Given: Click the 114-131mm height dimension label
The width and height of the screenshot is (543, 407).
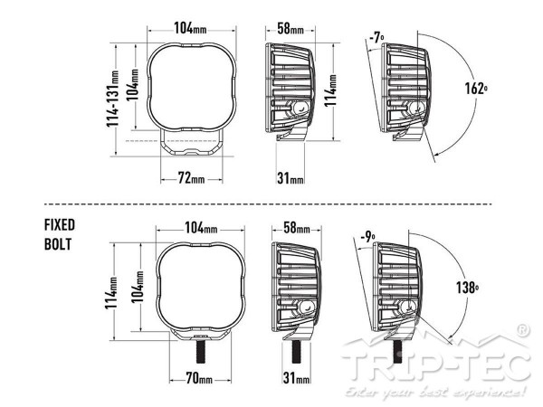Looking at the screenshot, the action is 113,99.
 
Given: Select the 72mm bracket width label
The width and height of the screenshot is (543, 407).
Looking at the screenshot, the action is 191,178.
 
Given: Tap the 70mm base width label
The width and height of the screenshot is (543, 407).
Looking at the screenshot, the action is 199,378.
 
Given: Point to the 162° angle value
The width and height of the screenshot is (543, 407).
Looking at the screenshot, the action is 476,89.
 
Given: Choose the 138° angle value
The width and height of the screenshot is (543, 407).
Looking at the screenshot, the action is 467,288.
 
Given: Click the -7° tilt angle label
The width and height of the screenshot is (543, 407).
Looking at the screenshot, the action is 376,37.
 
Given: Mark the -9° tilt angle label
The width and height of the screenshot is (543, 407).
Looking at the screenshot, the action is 367,237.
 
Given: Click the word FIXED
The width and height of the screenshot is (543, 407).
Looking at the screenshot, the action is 60,225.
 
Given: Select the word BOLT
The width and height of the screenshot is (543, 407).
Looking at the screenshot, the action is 58,244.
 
